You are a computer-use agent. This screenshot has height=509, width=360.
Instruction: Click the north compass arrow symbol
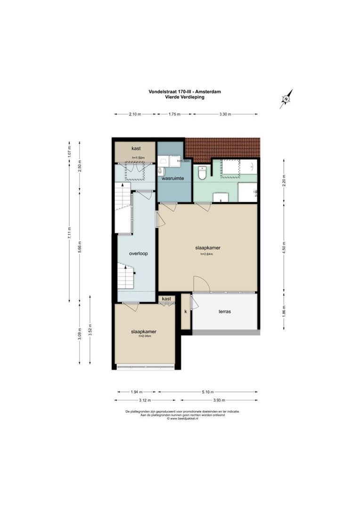point(286,99)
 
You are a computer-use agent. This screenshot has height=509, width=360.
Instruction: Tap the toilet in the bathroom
point(202,173)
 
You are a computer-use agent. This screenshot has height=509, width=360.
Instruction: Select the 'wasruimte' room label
point(172,179)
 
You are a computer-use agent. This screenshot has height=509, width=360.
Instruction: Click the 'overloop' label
point(139,253)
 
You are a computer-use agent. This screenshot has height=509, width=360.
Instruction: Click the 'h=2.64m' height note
point(207,254)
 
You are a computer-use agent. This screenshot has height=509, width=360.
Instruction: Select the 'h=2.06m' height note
point(144,337)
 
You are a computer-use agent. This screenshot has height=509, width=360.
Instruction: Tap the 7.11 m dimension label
point(69,234)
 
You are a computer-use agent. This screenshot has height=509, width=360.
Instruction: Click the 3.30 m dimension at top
point(225,114)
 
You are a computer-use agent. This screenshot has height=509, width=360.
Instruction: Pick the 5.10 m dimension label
point(208,392)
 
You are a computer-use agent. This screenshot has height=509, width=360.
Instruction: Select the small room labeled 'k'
point(186,312)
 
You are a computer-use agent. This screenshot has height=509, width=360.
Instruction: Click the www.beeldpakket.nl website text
point(184,419)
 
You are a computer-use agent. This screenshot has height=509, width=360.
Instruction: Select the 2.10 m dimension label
point(135,114)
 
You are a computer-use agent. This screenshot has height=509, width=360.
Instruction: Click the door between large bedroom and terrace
point(201,285)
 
